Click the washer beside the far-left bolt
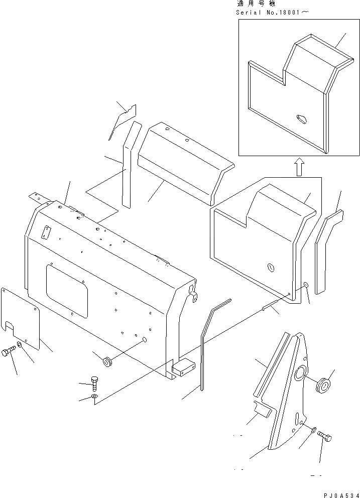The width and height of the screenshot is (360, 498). coord(20,345)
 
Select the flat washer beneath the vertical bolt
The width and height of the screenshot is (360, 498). coord(95,398)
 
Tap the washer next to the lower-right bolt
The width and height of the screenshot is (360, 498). coord(314,430)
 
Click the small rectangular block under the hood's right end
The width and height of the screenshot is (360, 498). coord(183,368)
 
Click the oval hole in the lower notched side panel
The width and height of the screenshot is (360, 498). coord(271,268)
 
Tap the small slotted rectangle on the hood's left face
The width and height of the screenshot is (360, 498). coord(48,232)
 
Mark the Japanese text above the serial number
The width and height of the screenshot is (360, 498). coord(254,4)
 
